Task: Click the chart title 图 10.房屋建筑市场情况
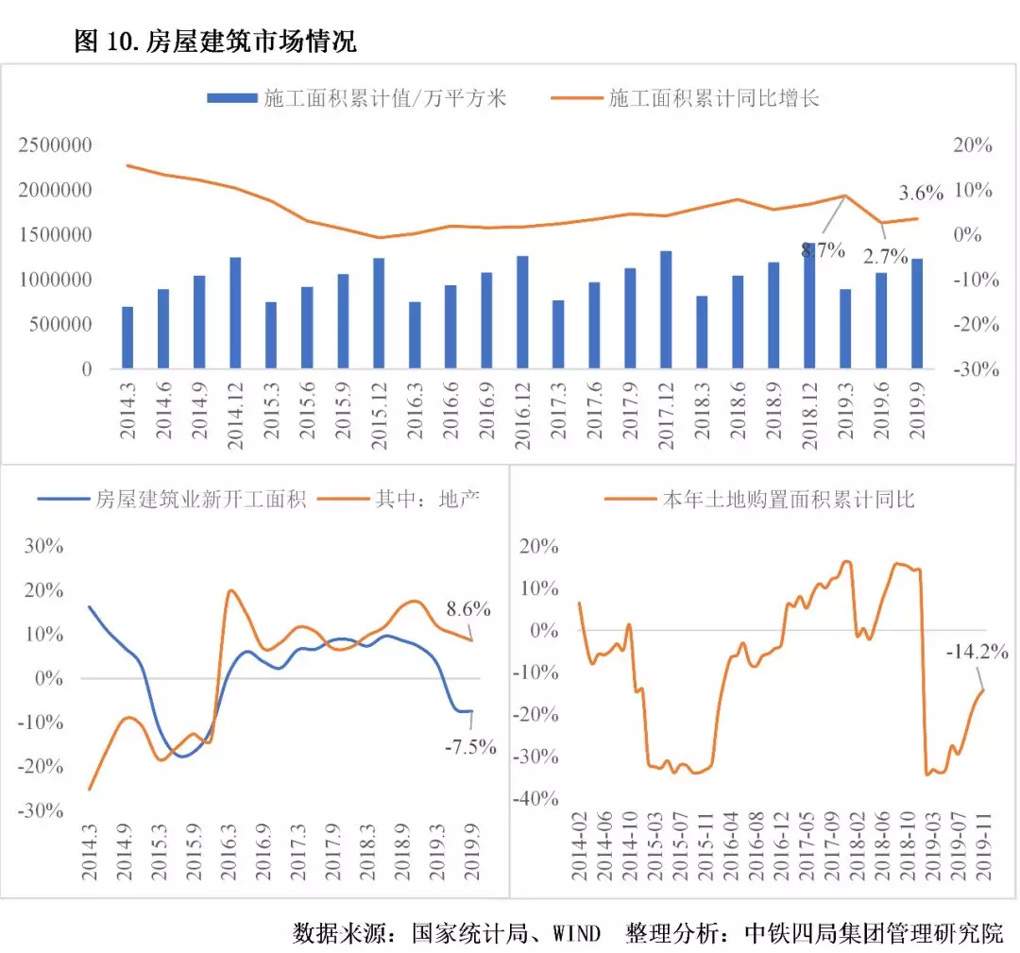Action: point(214,43)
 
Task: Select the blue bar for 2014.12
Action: point(235,313)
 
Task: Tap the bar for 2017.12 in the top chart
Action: point(666,310)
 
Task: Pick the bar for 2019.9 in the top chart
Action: point(916,314)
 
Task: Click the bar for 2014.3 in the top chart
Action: point(127,338)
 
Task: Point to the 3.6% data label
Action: point(921,194)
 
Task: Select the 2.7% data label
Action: point(885,256)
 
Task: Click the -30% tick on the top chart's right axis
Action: point(972,369)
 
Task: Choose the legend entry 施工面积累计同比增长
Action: point(714,98)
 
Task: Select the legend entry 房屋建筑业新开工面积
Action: point(201,500)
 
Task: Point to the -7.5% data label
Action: point(470,746)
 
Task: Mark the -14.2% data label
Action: point(977,652)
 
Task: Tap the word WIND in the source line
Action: point(575,934)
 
